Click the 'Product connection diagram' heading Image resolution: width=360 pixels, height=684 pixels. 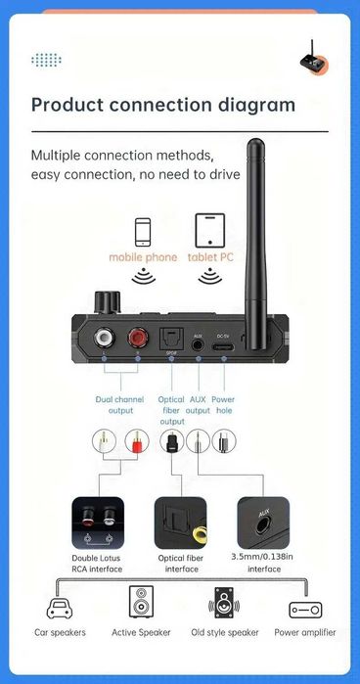163,105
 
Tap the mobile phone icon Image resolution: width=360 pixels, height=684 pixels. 144,231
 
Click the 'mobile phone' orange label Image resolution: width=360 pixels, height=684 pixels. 143,257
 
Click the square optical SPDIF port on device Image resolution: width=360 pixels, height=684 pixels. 171,337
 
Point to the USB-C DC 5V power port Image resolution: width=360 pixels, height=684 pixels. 223,345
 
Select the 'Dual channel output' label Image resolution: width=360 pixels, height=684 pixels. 115,404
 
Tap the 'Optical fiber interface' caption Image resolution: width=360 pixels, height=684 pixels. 181,563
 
